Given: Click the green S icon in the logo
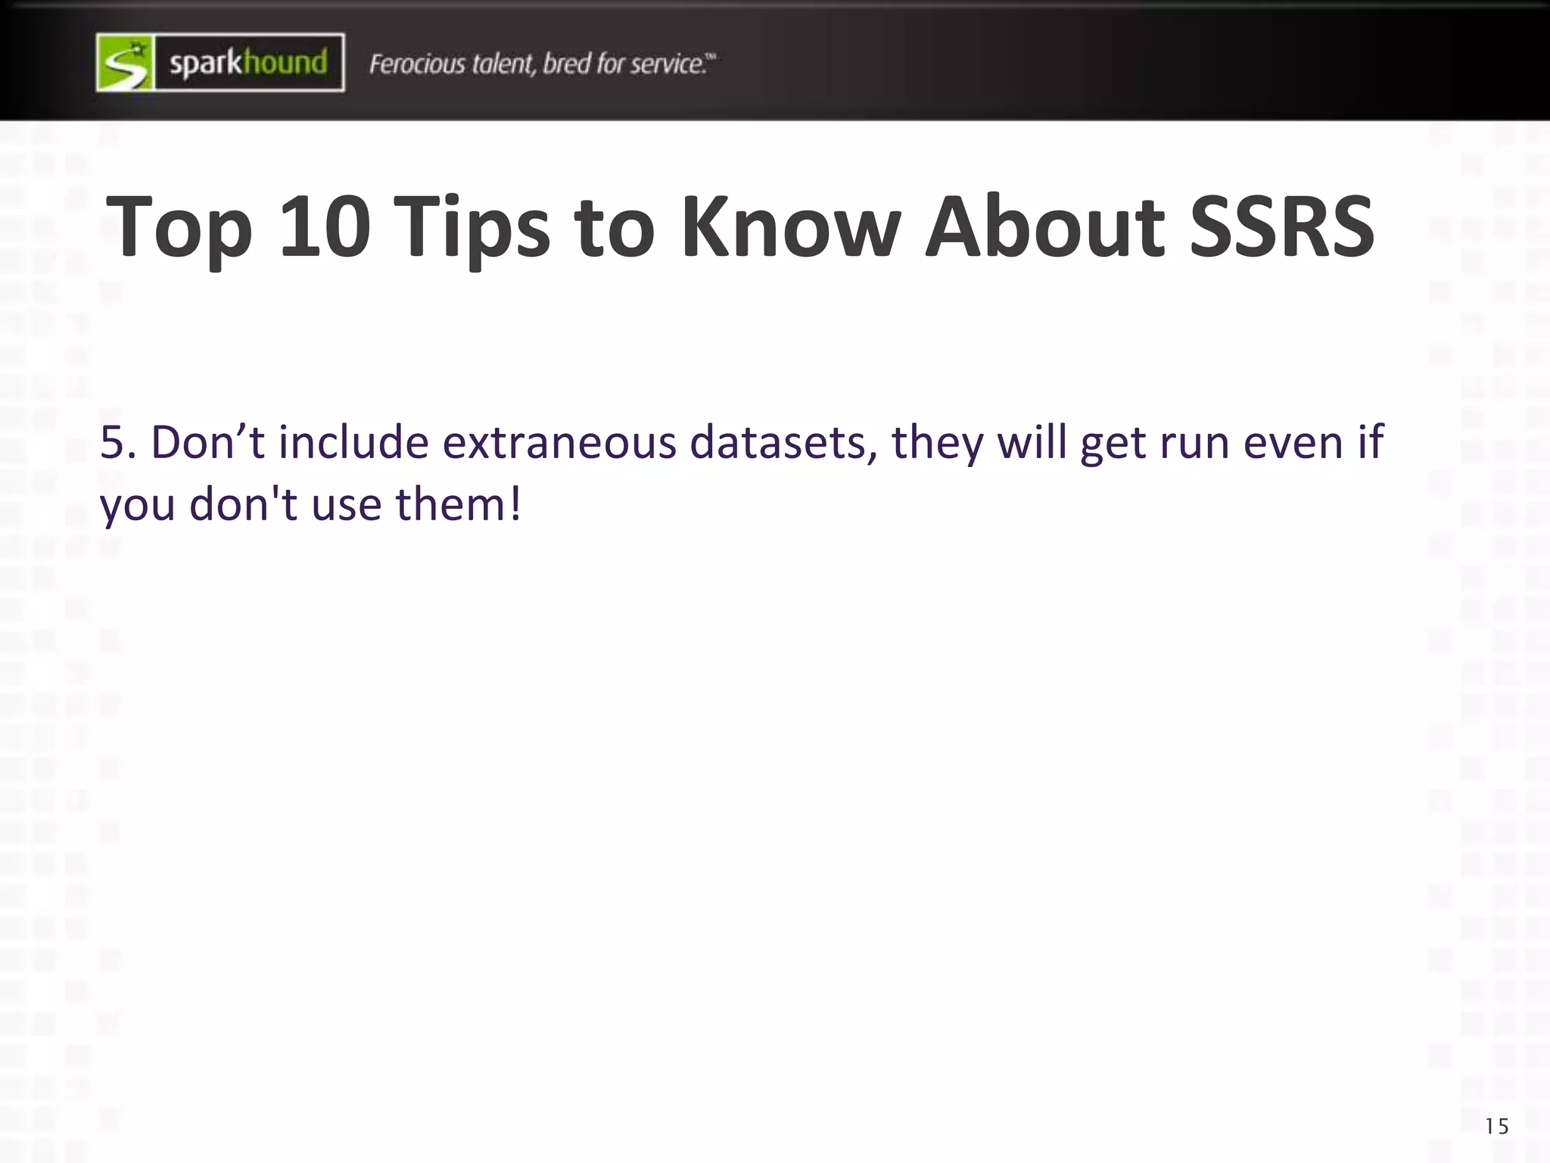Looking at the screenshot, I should point(126,63).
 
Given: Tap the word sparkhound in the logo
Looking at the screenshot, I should point(248,63).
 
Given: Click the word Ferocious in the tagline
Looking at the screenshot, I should point(417,64).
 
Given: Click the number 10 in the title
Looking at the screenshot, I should point(325,226).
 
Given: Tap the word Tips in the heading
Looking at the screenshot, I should point(472,226).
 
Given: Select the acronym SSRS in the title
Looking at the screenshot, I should point(1281,226).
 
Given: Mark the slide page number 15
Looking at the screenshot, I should point(1496,1127).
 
